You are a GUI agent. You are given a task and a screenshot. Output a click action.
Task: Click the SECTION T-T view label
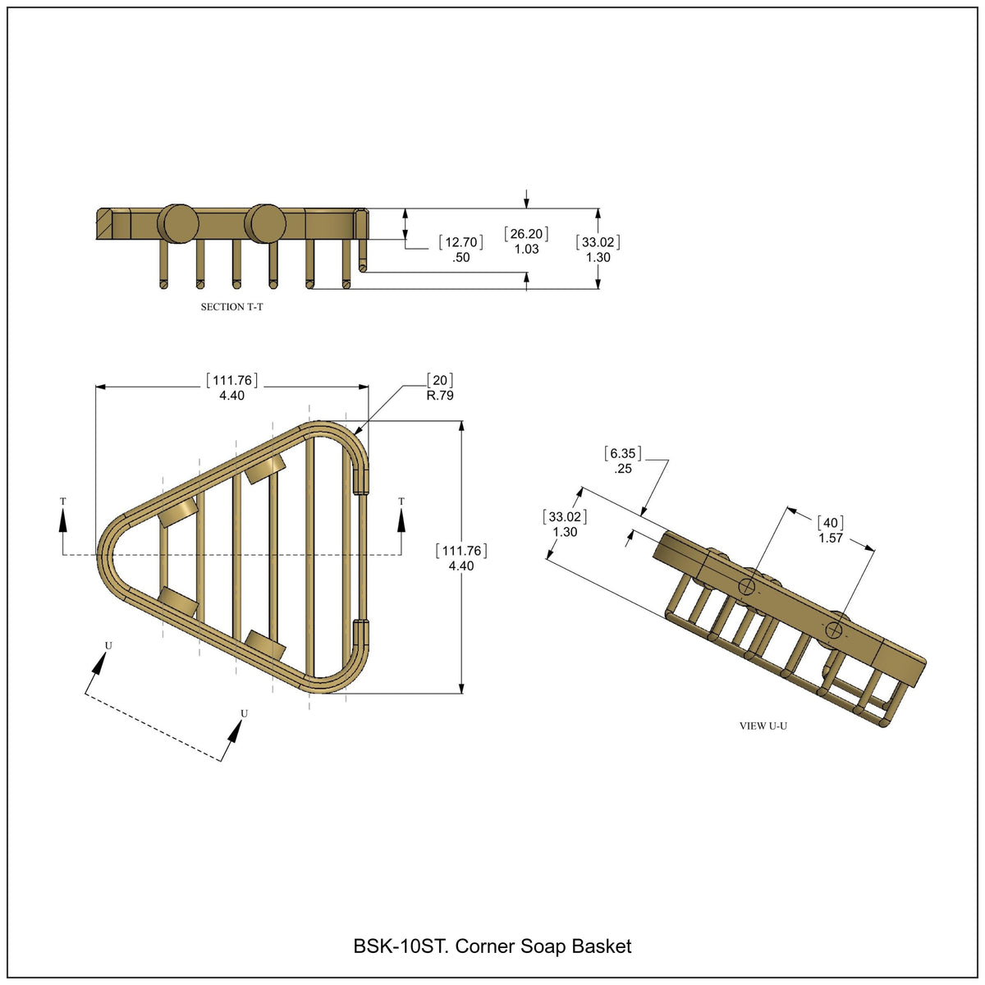(x=231, y=307)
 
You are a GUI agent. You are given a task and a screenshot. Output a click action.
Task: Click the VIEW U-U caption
(x=763, y=726)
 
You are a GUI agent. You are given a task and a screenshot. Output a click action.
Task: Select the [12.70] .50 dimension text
(x=460, y=249)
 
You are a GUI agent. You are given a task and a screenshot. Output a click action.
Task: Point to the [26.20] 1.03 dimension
(x=526, y=241)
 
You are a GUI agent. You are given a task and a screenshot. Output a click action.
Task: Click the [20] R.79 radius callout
(x=440, y=387)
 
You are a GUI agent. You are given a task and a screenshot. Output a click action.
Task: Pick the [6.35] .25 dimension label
(x=622, y=460)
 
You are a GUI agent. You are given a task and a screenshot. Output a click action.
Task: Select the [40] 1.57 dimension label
(x=830, y=530)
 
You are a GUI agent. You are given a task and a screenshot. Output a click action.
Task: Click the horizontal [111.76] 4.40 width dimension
(x=231, y=387)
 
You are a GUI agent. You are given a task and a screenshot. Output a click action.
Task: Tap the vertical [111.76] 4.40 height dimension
(x=461, y=557)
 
